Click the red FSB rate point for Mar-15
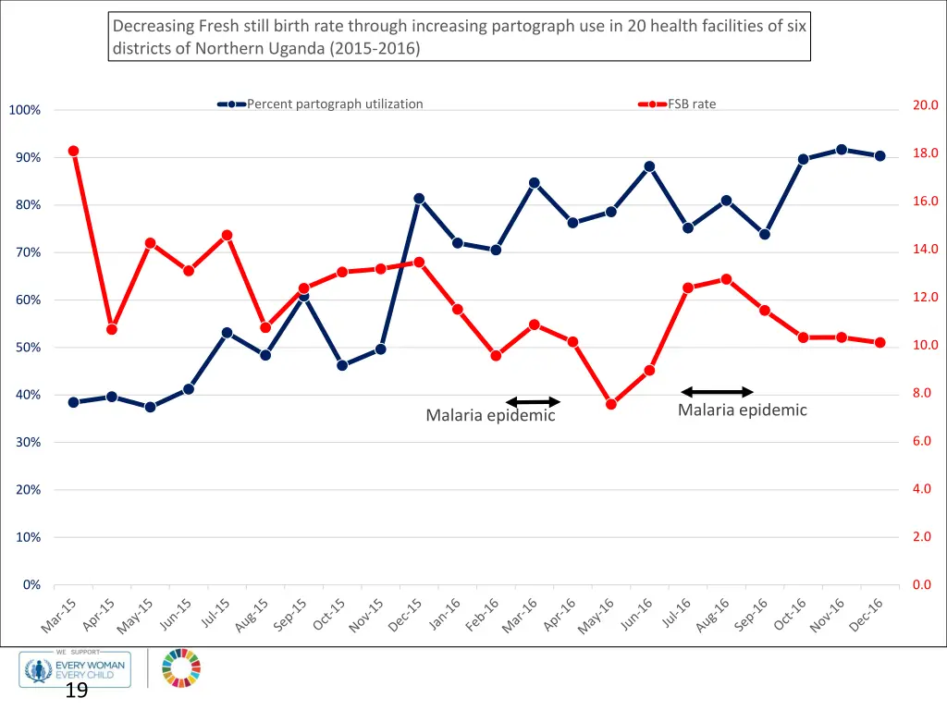coord(73,151)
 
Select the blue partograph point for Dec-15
coord(419,199)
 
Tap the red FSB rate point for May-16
coord(611,404)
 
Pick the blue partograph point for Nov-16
coord(842,150)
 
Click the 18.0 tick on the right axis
coord(925,153)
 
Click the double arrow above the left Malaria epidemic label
coord(534,402)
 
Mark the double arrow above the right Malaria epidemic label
coord(718,392)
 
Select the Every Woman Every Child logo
coord(76,668)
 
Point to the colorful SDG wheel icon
coord(181,668)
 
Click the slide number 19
coord(76,691)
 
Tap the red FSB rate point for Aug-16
coord(726,279)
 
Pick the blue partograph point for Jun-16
coord(649,166)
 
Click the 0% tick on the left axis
coord(31,585)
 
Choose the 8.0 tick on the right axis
coord(925,393)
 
